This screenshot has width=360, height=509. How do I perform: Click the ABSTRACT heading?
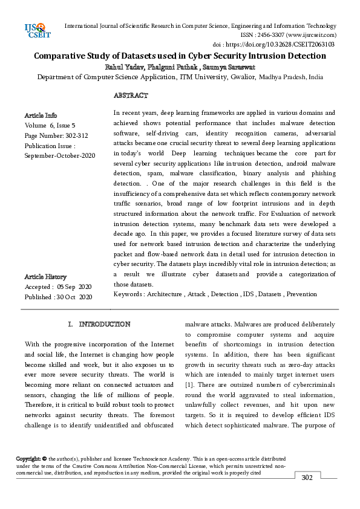point(131,96)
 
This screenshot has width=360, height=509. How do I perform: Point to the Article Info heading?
point(41,115)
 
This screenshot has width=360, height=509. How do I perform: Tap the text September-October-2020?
point(60,156)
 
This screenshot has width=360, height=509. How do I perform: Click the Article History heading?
point(45,276)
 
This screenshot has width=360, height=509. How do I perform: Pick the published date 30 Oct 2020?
point(74,297)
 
